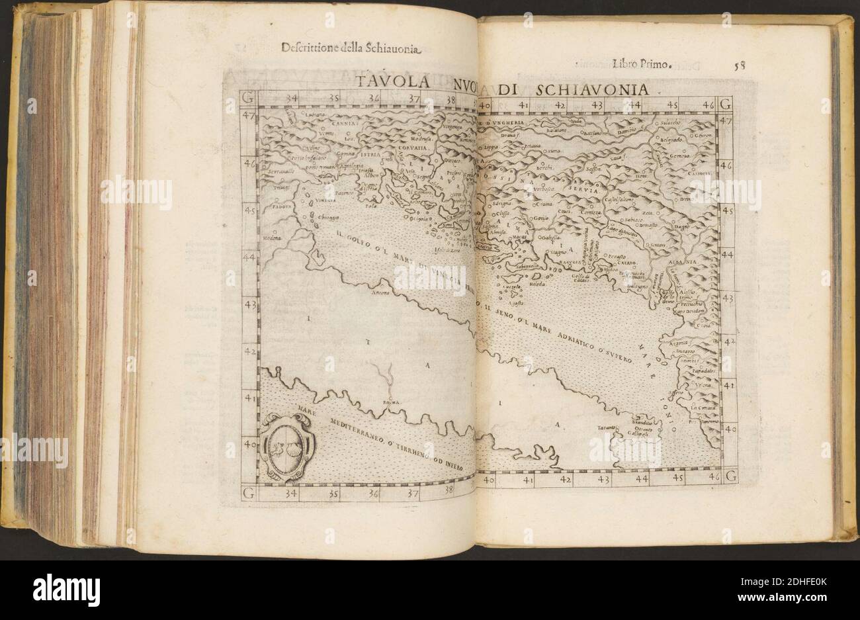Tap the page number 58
pyautogui.click(x=739, y=65)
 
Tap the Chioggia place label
pyautogui.click(x=329, y=217)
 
